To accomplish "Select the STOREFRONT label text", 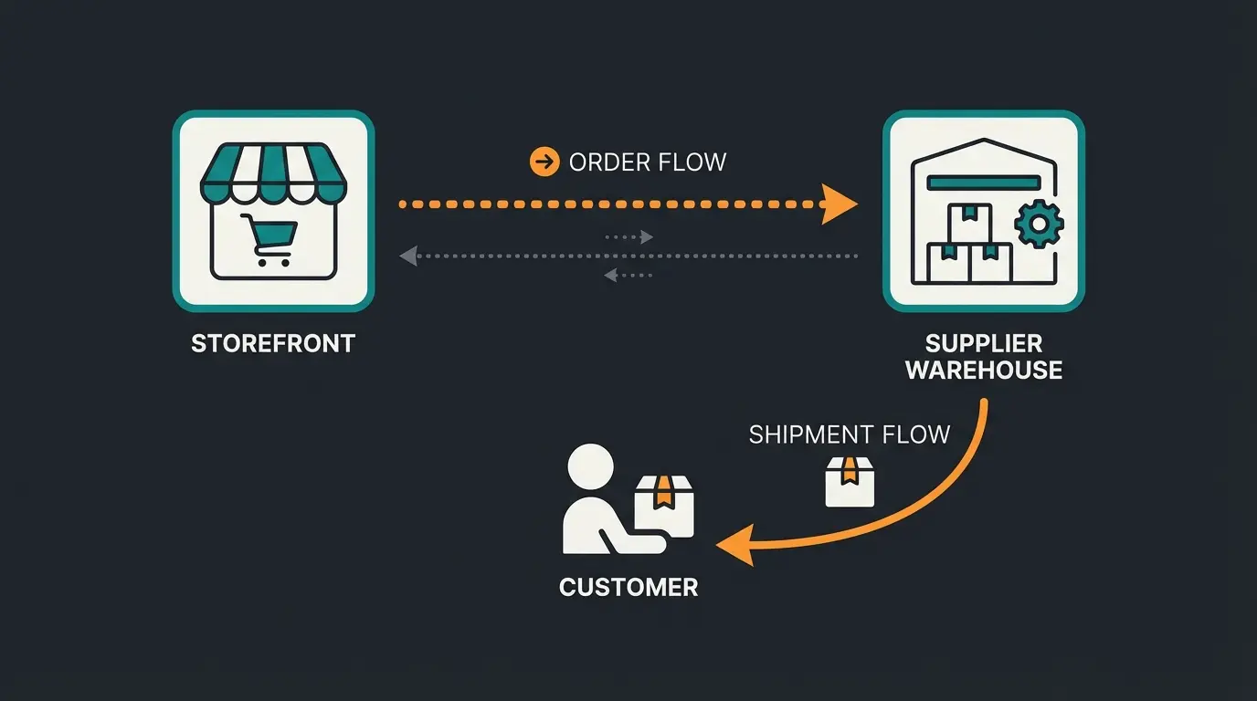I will pos(273,344).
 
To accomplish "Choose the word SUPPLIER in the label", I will pos(984,344).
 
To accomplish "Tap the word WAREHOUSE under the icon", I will pos(984,371).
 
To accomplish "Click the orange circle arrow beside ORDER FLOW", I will pos(544,162).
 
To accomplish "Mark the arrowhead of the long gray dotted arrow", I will pos(409,256).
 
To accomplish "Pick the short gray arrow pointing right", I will pos(630,237).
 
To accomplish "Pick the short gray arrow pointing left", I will pos(628,275).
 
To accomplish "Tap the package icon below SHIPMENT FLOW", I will pos(850,481).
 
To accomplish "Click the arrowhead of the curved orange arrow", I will pos(733,546).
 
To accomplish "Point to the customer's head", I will pos(590,468).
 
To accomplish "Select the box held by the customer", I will pos(665,506).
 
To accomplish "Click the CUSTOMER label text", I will pos(628,587).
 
